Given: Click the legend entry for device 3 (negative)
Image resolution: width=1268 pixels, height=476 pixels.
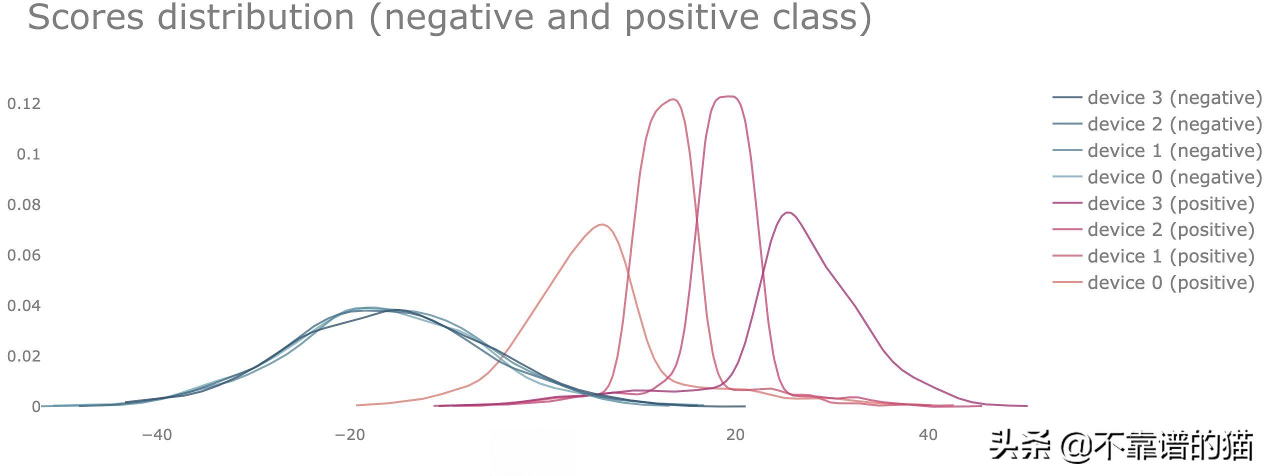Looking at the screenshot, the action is [x=1157, y=97].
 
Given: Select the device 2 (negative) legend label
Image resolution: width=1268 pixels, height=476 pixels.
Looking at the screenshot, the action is [x=1157, y=124].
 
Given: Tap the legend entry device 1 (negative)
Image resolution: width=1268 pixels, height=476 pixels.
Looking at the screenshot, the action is [x=1157, y=150].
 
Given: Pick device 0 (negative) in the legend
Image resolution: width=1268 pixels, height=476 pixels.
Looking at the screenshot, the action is [x=1157, y=177].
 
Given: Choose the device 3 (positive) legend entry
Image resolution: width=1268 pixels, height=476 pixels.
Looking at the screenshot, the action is [x=1153, y=203].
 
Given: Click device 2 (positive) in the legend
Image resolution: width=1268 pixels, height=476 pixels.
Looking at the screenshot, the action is [x=1153, y=229].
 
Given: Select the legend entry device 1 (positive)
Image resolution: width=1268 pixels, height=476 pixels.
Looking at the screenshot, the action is [x=1153, y=256].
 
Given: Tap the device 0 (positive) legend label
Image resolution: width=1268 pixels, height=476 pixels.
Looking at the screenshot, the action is [x=1153, y=282].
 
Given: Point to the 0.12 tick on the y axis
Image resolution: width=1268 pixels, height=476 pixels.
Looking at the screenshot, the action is [x=24, y=103].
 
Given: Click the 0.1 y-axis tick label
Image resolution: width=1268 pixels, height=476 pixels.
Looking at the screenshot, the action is [x=28, y=154].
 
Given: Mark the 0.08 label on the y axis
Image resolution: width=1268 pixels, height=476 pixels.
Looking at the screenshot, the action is [x=24, y=204].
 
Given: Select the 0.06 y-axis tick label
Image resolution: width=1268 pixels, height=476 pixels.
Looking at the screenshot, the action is [x=24, y=255].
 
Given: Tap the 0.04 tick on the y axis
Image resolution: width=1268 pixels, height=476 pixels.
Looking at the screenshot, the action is [x=24, y=305].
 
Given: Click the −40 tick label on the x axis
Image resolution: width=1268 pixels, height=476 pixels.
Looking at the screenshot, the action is [x=157, y=435].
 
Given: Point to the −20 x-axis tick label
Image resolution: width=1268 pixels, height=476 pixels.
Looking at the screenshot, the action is [x=350, y=435].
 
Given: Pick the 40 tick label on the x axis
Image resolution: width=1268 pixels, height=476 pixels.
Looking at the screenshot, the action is [x=928, y=435].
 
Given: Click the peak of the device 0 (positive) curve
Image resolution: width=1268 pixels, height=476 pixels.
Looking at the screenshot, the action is [x=603, y=224].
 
